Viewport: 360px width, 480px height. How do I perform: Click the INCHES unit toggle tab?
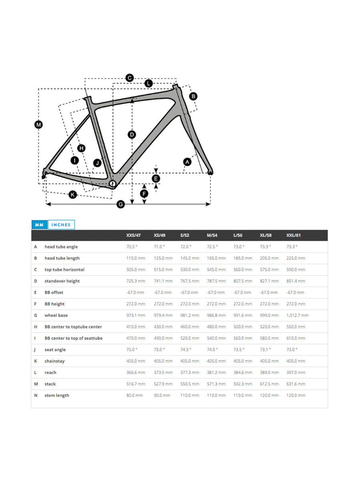tap(61, 224)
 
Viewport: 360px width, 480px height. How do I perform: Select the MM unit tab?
tap(40, 224)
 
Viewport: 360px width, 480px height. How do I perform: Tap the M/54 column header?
tap(212, 235)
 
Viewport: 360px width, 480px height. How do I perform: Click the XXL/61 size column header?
tap(293, 235)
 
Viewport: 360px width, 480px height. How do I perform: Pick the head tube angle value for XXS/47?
tap(132, 247)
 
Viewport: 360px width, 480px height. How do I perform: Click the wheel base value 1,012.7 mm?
tap(297, 315)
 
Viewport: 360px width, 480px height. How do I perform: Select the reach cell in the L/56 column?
tap(243, 372)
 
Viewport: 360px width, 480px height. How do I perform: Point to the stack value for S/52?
tap(190, 384)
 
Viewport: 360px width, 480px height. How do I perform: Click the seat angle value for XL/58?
tap(265, 350)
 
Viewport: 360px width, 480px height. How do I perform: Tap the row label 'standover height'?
tap(62, 281)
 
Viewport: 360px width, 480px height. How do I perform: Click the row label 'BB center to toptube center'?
tap(73, 327)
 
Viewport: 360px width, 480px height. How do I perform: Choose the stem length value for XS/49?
tap(162, 395)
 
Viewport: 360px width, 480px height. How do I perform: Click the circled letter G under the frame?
tap(121, 204)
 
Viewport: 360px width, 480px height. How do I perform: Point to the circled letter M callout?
tap(39, 125)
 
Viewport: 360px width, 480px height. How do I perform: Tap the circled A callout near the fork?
tap(187, 162)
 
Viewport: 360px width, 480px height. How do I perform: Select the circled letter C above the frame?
tap(130, 78)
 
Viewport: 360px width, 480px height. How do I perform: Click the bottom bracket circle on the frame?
tap(112, 184)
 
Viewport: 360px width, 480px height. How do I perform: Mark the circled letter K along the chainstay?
tap(73, 194)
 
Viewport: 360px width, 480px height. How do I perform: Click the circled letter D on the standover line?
tap(132, 134)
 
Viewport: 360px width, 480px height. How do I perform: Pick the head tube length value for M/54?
tap(216, 258)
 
